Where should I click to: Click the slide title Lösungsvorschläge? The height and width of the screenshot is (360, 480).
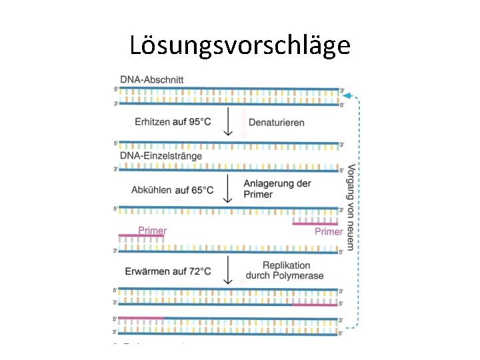coord(239,45)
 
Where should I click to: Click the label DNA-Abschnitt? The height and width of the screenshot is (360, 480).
coord(152,79)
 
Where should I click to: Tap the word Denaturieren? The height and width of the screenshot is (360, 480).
coord(276,123)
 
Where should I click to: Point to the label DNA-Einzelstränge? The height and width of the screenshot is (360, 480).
coord(161,156)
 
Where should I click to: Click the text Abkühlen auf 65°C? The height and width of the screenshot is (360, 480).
coord(172,190)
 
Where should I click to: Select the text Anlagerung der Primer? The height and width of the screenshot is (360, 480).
coord(277,189)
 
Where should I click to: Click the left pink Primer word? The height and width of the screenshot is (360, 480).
coord(152,231)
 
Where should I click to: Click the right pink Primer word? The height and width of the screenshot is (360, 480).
coord(329,231)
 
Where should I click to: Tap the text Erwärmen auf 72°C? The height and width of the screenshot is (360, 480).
coord(168,271)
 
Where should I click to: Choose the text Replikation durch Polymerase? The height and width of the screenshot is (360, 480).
coord(285,271)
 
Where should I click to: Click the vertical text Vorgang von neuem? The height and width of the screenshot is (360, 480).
coord(351,207)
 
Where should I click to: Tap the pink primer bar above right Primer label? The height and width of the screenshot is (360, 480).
coord(316,223)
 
